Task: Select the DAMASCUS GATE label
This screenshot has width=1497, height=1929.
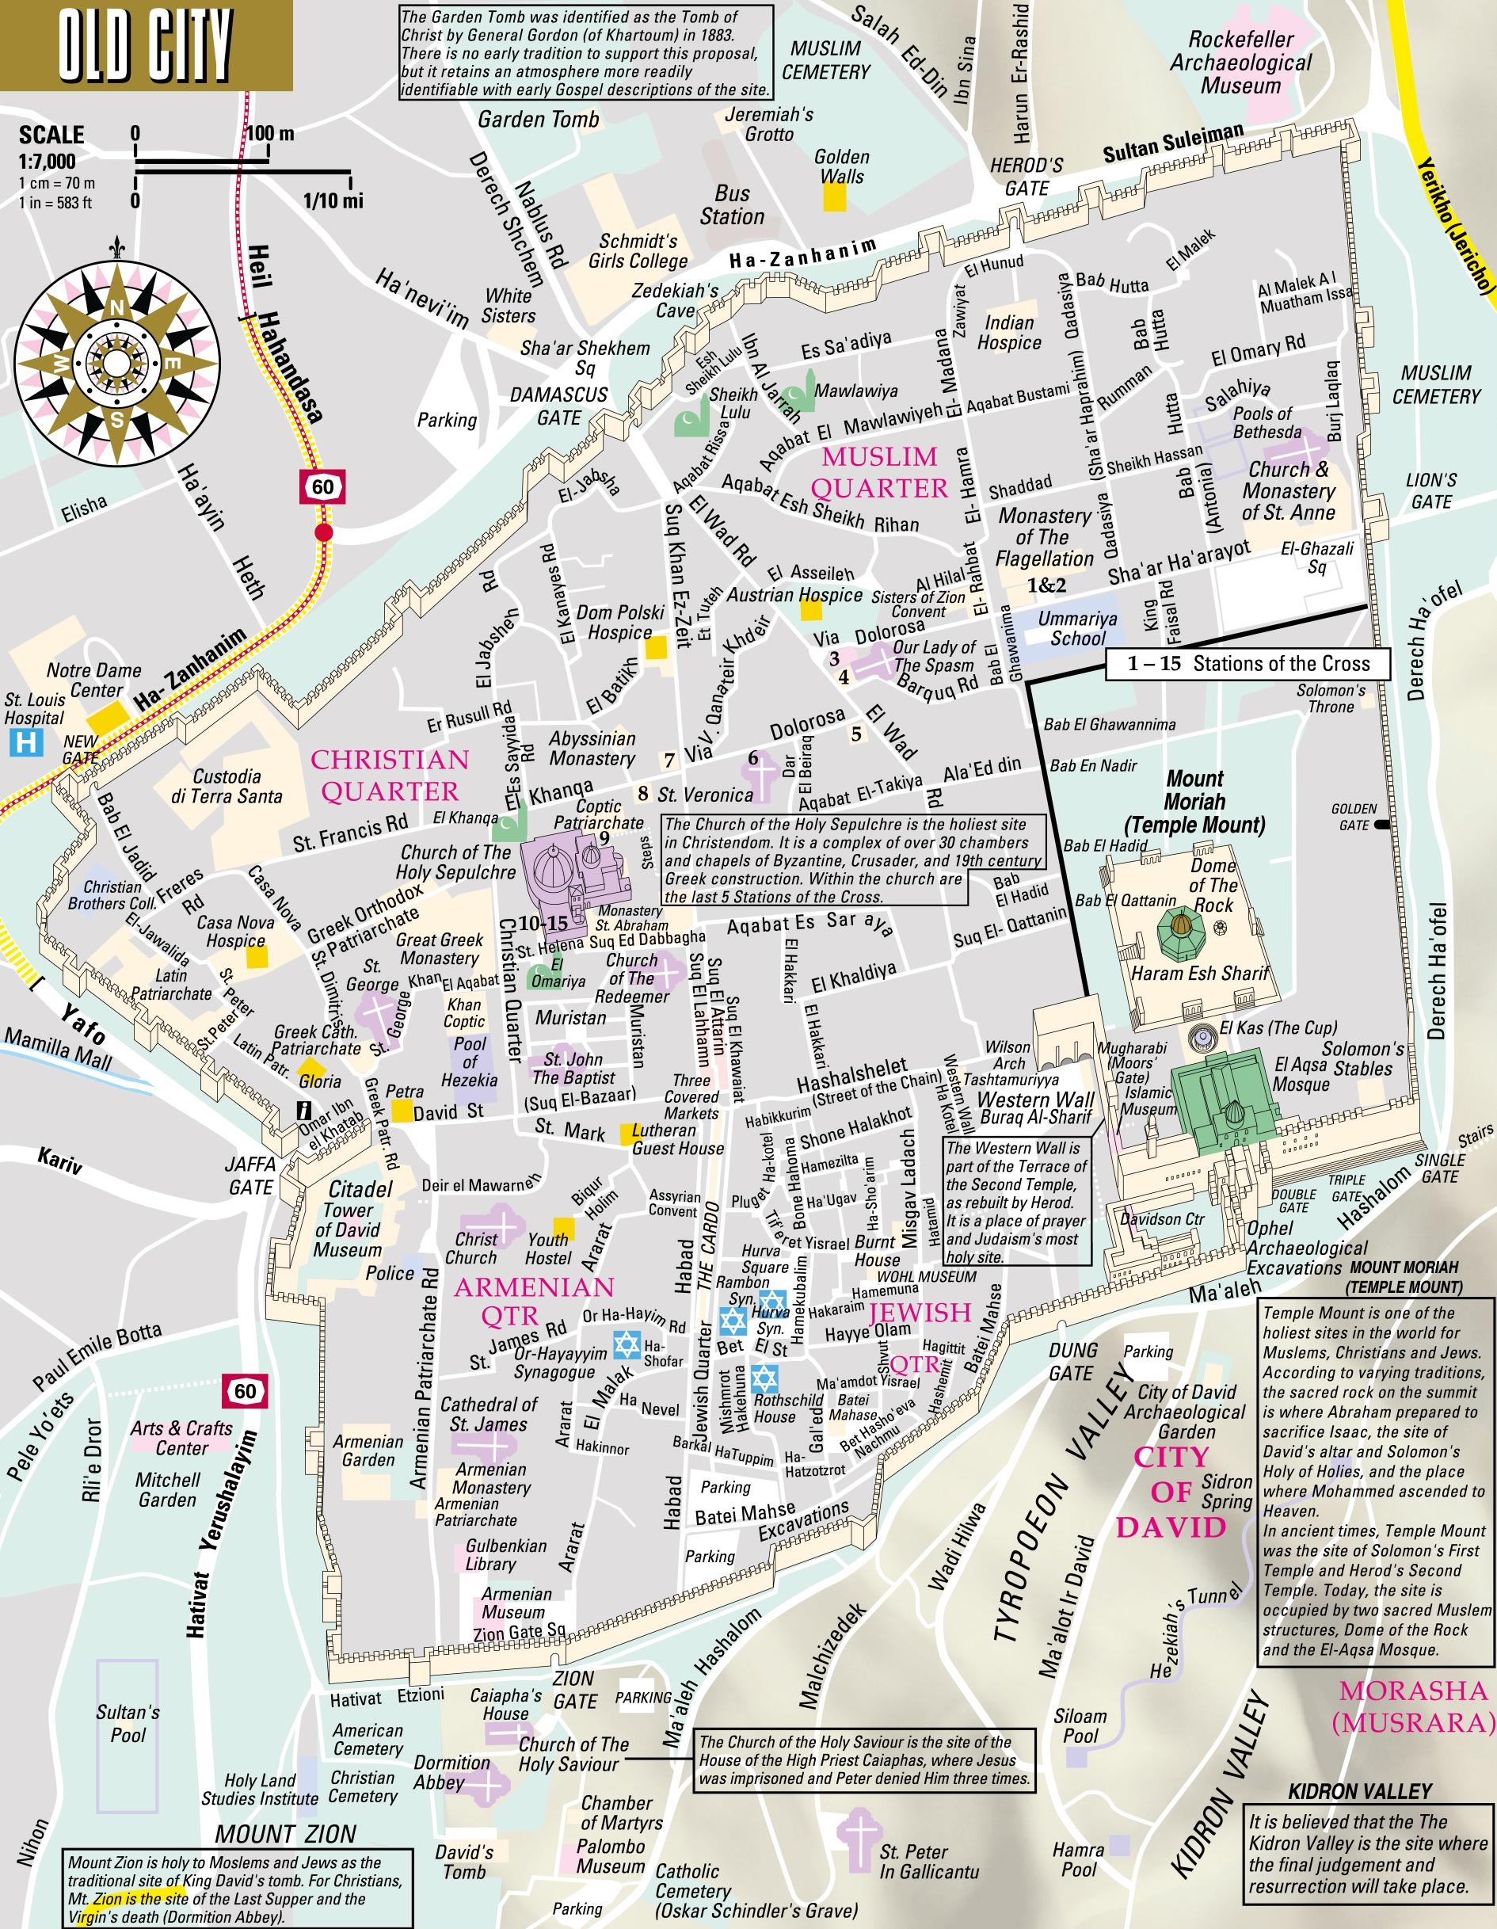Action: (x=559, y=406)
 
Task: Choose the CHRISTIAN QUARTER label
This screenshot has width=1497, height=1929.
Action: (x=390, y=775)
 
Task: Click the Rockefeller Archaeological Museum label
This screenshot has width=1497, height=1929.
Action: (x=1241, y=63)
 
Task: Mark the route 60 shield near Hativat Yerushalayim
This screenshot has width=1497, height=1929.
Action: (x=245, y=1391)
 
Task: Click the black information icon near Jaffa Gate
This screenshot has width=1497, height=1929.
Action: (x=306, y=1110)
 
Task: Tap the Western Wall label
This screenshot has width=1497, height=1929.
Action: (x=1035, y=1100)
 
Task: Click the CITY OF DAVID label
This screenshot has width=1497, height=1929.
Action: (x=1169, y=1492)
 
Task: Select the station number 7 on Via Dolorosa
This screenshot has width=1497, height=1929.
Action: (x=669, y=760)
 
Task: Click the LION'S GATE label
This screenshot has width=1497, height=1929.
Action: (x=1430, y=491)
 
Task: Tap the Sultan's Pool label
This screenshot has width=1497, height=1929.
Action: (x=128, y=1723)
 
